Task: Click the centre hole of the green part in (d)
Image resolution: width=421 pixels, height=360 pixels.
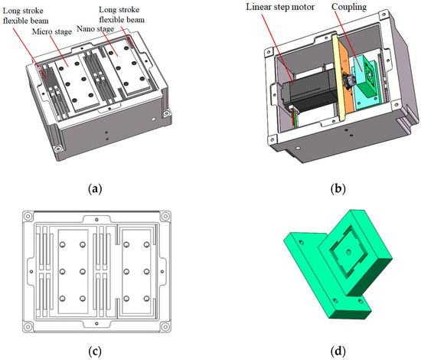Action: pos(348,253)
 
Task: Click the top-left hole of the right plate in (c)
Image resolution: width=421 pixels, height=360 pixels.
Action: pos(127,243)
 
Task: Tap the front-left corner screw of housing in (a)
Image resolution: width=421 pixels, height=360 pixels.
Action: pos(57,148)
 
